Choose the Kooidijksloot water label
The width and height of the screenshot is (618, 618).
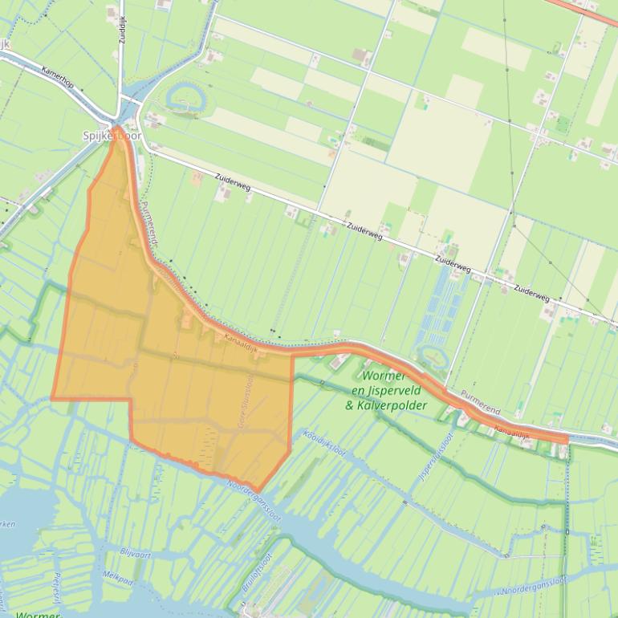coord(324,442)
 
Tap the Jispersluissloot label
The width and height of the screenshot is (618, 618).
coord(436,457)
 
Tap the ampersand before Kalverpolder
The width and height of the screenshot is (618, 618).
coord(349,405)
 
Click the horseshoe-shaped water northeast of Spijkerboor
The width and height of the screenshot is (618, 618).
coord(185,100)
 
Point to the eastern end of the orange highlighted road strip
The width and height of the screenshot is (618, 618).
coord(565,439)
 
